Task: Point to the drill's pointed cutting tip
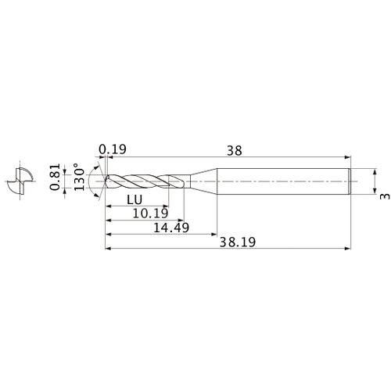point(105,181)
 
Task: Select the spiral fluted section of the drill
point(145,181)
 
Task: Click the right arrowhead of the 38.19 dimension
point(346,250)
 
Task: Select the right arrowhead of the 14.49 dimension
point(213,234)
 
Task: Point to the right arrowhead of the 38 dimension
point(346,157)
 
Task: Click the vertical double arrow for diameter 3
point(375,181)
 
